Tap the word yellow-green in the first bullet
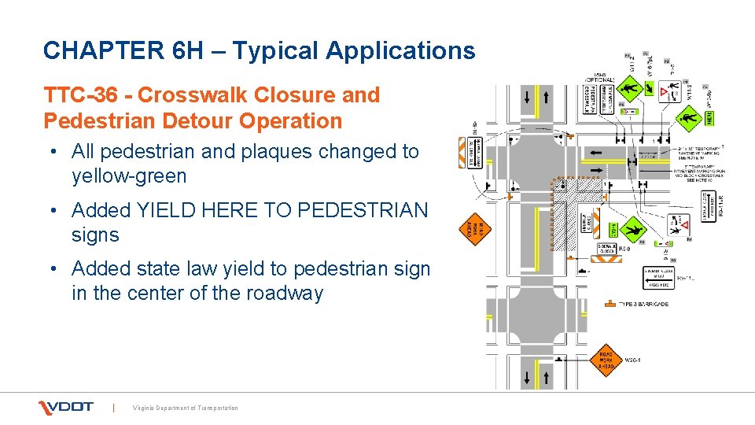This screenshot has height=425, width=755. (129, 176)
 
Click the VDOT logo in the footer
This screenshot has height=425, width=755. (67, 407)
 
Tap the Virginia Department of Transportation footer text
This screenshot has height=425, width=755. (185, 408)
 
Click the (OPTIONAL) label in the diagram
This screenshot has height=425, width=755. (599, 78)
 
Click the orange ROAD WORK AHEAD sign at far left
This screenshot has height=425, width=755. (474, 229)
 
